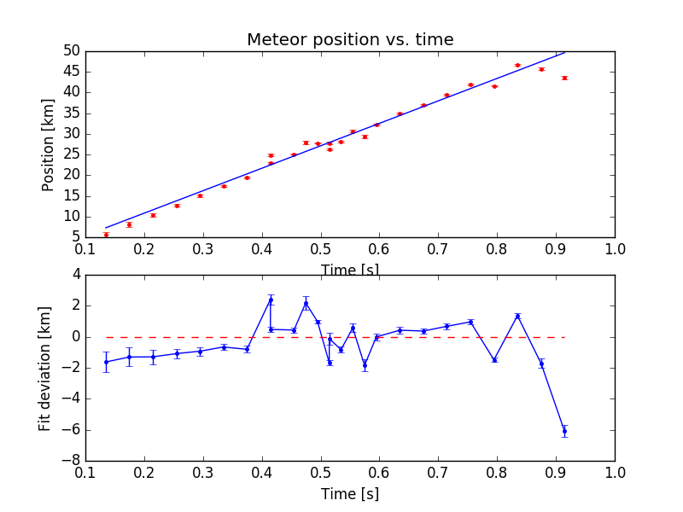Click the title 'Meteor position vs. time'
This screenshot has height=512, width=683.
tap(350, 40)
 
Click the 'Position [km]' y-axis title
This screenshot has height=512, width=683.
tap(49, 143)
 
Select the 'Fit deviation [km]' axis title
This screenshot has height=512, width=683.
tap(45, 368)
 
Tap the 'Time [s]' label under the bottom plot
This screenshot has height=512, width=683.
tap(350, 494)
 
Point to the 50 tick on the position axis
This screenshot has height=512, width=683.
tap(71, 51)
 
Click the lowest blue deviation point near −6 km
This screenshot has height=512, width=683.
tap(564, 431)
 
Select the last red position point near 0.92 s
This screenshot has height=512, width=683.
tap(564, 78)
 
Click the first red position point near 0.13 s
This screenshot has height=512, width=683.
tap(106, 234)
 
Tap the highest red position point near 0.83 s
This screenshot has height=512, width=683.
tap(517, 65)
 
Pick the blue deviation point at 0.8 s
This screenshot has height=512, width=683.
tap(494, 360)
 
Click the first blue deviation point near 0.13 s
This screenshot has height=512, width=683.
tap(106, 362)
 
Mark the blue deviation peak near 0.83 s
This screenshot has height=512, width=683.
tap(517, 316)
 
